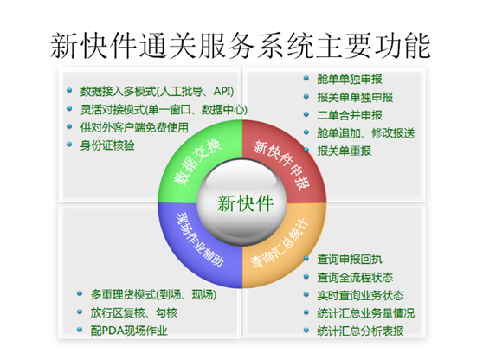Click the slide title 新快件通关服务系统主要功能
241,46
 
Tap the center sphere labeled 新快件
242,203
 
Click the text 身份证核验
107,145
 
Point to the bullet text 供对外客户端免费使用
134,127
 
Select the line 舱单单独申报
350,79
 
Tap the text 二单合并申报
350,115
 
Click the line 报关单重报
345,151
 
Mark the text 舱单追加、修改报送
366,133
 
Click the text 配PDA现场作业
129,331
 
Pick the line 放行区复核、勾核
134,313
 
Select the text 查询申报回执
350,260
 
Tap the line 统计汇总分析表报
360,331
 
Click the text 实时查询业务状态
360,295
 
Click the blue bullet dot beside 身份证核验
69,145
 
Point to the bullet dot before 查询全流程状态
306,276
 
